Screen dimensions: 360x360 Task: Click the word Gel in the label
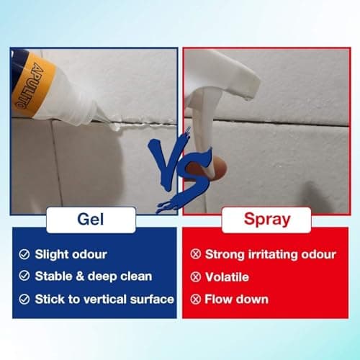[90, 219]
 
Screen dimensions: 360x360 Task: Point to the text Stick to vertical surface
[104, 298]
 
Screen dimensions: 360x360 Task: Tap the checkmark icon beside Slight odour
[24, 254]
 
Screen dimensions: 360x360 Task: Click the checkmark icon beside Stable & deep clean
[24, 276]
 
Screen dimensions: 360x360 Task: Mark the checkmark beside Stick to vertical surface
[24, 298]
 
